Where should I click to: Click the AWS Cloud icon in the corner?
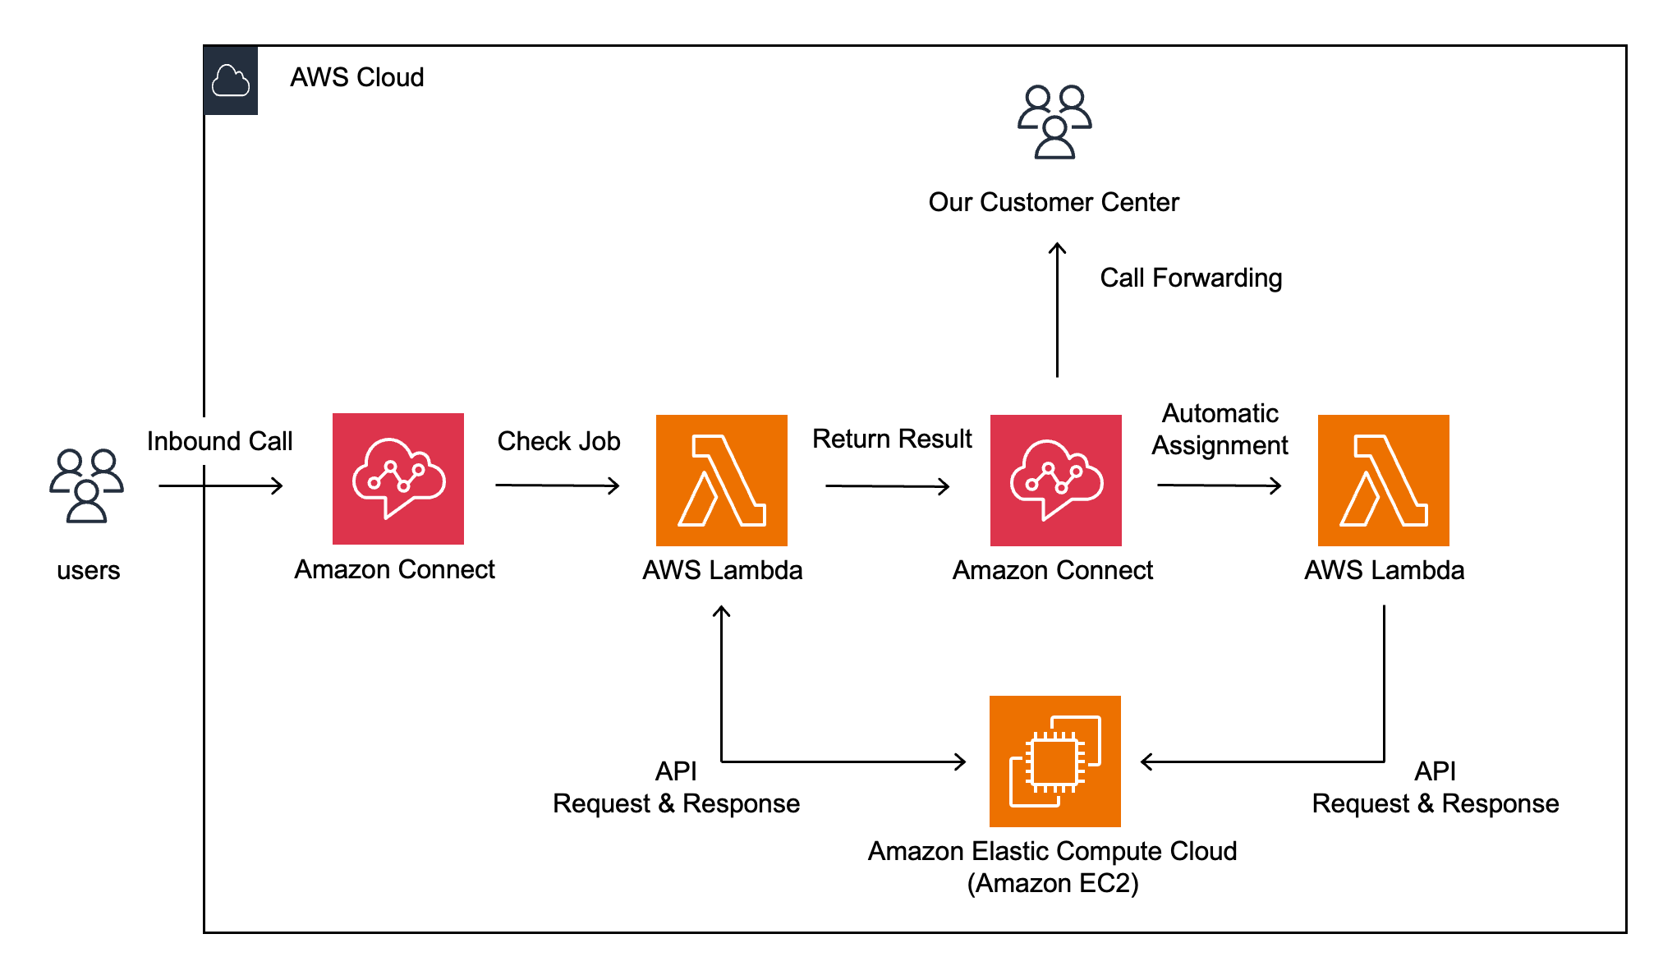231,81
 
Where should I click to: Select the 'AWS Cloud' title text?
357,77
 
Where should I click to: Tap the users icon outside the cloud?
86,485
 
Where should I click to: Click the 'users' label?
88,570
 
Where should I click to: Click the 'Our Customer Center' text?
1054,202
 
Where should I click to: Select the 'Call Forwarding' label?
1191,278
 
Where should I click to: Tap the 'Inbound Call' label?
219,441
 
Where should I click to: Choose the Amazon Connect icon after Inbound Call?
398,479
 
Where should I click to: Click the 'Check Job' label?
558,441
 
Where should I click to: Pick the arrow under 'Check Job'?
558,485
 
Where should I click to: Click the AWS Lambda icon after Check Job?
722,481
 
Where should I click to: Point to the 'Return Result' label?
892,439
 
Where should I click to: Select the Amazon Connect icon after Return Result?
1056,481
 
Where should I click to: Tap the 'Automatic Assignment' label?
1220,429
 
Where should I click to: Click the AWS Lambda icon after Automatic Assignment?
1384,481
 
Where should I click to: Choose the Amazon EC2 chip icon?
1055,761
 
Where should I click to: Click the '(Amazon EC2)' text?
1053,883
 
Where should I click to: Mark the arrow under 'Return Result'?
888,486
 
